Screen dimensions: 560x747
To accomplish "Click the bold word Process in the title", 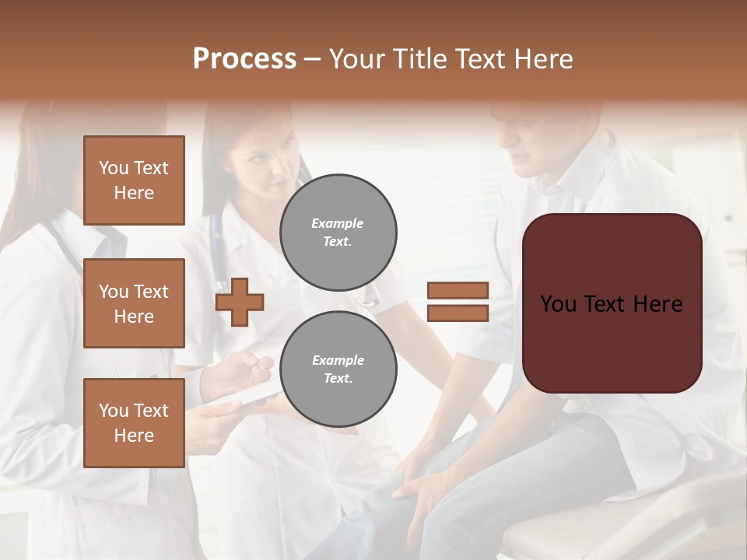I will [244, 59].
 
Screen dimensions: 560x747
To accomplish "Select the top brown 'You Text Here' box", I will [134, 180].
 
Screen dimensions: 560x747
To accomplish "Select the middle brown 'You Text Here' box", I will [134, 303].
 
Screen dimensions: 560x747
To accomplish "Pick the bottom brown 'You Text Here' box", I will [134, 422].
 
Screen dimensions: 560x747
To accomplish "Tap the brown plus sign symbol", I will [240, 303].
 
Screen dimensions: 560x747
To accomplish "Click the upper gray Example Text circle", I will [338, 232].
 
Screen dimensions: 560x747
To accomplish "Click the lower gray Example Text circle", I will [338, 369].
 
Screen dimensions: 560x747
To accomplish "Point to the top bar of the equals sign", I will [458, 291].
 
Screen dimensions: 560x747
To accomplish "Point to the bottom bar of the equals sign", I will [458, 313].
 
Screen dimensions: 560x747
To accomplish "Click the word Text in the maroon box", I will [611, 304].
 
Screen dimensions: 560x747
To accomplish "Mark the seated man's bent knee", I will [436, 459].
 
